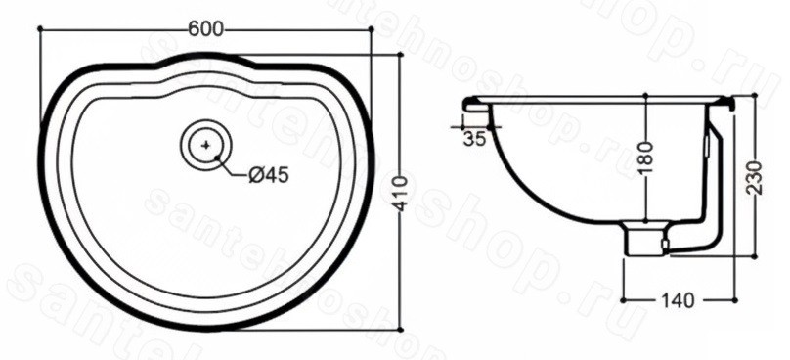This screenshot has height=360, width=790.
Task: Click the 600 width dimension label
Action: pyautogui.click(x=205, y=29)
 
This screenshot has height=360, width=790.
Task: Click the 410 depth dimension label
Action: pyautogui.click(x=401, y=194)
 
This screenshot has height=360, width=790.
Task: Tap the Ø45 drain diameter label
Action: pyautogui.click(x=269, y=175)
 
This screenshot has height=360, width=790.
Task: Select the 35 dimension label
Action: pyautogui.click(x=474, y=138)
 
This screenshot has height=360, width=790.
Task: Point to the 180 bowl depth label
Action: pyautogui.click(x=645, y=157)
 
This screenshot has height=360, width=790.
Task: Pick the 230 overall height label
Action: pyautogui.click(x=755, y=177)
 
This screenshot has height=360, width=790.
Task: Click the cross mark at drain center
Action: pyautogui.click(x=205, y=145)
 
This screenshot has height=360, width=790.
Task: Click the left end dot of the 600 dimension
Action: pyautogui.click(x=39, y=29)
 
